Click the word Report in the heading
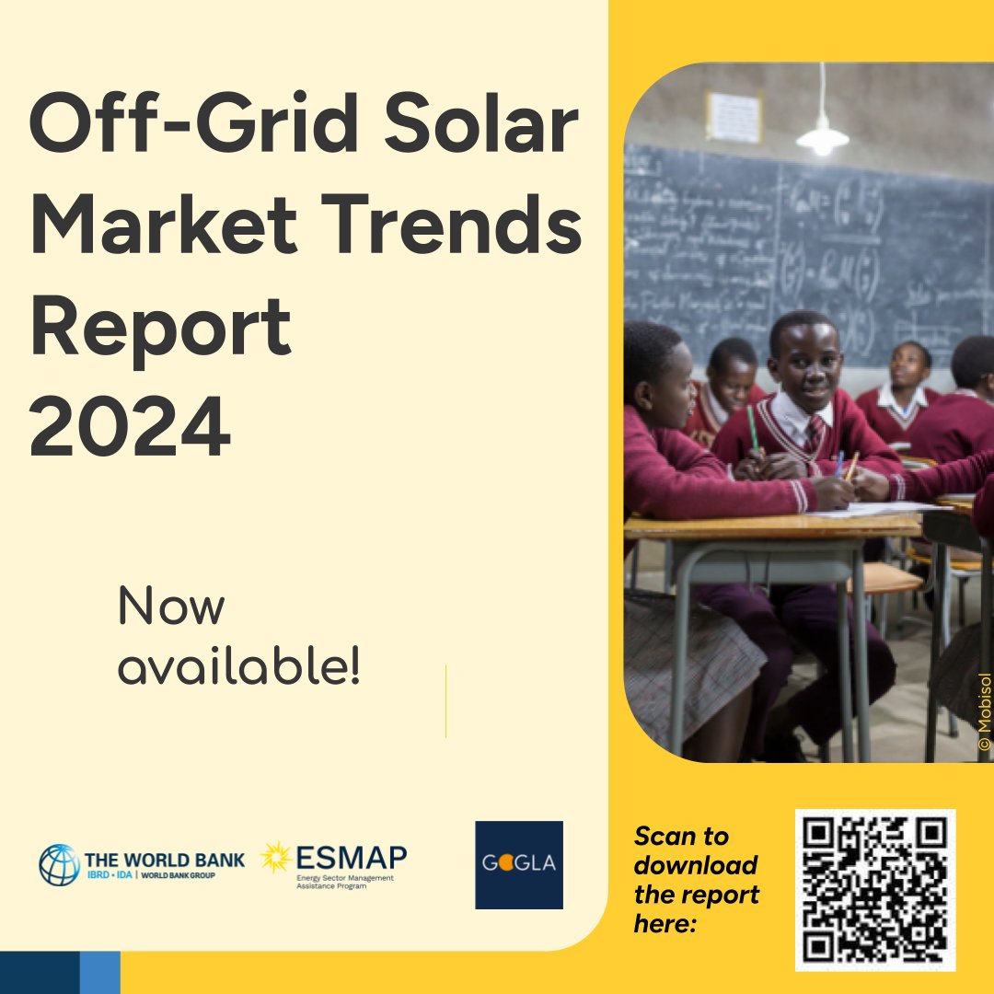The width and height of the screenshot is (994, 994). [160, 329]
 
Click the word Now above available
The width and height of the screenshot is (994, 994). [171, 607]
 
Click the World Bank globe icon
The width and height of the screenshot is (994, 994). [59, 865]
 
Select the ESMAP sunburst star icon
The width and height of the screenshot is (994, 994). [275, 858]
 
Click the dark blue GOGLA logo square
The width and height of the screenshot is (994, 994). [519, 865]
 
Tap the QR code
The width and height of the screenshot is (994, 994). [875, 890]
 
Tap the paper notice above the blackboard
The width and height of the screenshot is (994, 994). [734, 117]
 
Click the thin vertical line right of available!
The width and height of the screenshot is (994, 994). [445, 701]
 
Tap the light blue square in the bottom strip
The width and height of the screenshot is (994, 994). [99, 972]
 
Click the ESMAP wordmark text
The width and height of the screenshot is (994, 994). [351, 858]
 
